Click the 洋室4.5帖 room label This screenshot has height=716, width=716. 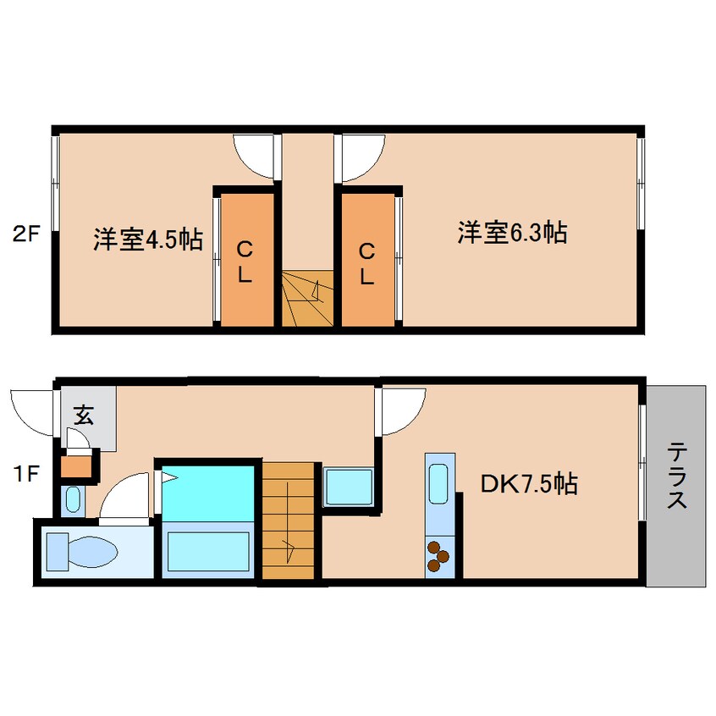(148, 240)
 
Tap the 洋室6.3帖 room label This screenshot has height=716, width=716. (512, 232)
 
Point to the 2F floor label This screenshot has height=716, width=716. (25, 232)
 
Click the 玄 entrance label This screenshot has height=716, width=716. (83, 415)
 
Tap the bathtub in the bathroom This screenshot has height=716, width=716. (208, 549)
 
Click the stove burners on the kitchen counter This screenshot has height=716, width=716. (438, 555)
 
